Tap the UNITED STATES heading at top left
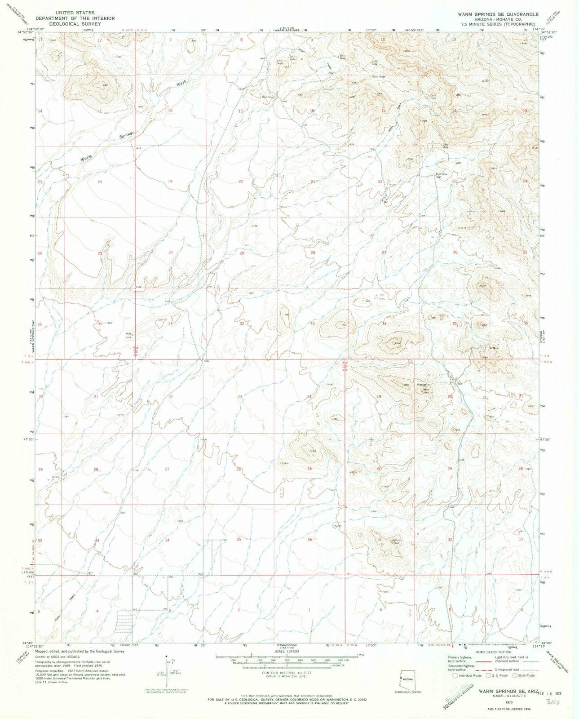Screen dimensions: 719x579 click(x=75, y=13)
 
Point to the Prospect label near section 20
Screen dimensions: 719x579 click(x=424, y=386)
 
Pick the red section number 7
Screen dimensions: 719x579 click(x=170, y=40)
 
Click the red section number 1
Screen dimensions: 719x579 click(x=309, y=610)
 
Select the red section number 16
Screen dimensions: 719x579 click(x=312, y=111)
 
